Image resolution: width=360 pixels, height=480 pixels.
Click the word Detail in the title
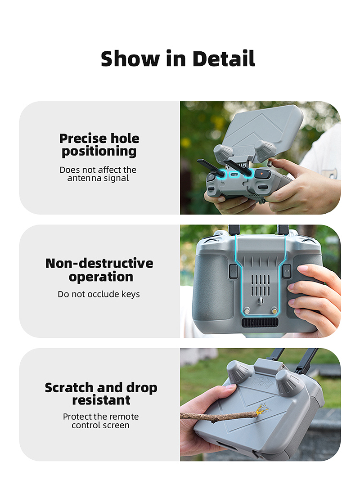pos(224,58)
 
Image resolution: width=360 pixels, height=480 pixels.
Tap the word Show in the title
pos(130,58)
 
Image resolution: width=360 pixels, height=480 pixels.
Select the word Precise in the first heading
pos(83,139)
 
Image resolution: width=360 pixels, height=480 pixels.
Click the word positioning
pos(99,152)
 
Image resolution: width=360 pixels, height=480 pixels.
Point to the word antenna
pos(85,178)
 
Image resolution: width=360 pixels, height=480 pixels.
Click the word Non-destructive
pos(99,263)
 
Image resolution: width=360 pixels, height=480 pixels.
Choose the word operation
pos(101,277)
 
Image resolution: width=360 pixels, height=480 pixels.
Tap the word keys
pos(130,294)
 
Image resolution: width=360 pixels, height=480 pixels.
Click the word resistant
pos(101,400)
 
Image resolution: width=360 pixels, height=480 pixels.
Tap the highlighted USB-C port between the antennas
pos(235,175)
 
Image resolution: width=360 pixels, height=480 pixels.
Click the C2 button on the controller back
pos(233,271)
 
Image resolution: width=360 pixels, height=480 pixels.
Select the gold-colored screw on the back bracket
pos(274,311)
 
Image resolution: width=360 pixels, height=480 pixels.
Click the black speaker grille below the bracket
pos(260,323)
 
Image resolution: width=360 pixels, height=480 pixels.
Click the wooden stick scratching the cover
pos(219,416)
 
